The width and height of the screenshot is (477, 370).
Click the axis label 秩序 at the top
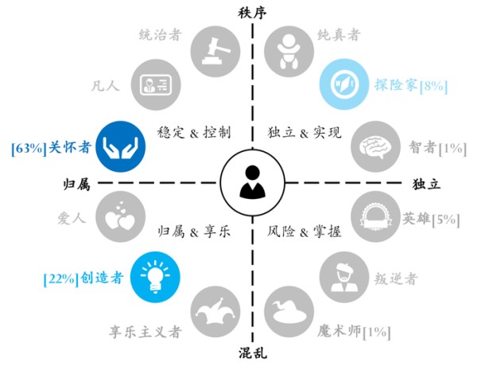pyautogui.click(x=252, y=12)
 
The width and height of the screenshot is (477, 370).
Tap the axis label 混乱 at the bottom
pyautogui.click(x=252, y=354)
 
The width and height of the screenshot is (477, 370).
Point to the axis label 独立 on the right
pyautogui.click(x=426, y=184)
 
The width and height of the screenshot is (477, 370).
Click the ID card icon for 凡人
pyautogui.click(x=153, y=85)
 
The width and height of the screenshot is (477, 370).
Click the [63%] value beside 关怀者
pyautogui.click(x=26, y=146)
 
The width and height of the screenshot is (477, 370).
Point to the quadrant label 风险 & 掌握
pyautogui.click(x=304, y=232)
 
